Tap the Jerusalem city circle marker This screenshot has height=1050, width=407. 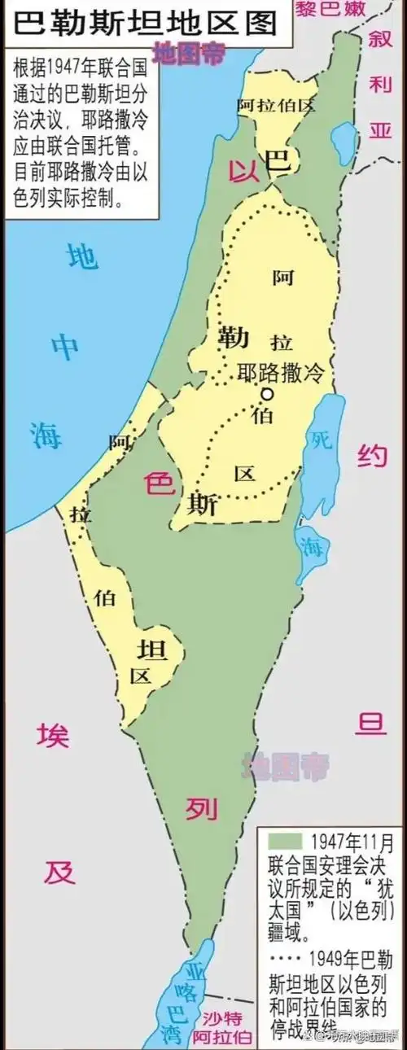tap(266, 394)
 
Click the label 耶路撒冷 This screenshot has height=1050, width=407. tap(280, 373)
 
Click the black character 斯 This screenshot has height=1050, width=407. tap(201, 505)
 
